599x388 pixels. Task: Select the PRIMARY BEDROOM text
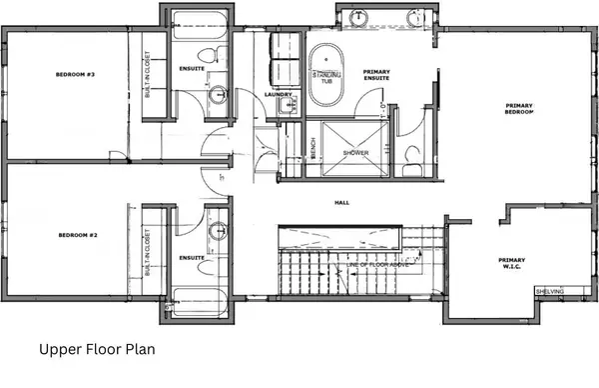(519, 109)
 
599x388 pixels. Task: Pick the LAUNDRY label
(279, 96)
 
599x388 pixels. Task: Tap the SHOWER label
(356, 152)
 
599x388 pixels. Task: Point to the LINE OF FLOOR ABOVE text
(379, 264)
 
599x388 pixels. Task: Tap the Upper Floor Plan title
(97, 351)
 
